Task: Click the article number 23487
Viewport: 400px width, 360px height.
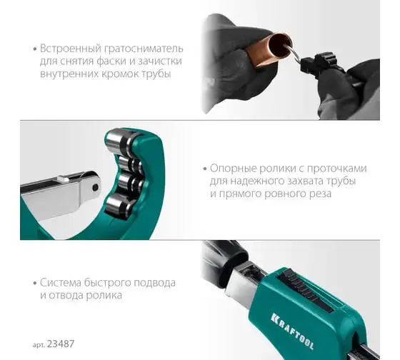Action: pos(61,344)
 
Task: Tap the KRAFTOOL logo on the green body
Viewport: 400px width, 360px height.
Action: pos(292,331)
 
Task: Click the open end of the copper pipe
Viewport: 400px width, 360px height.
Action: pos(281,45)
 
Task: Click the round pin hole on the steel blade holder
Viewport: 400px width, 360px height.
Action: pos(96,188)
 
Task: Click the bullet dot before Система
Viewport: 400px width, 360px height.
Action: pos(35,283)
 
